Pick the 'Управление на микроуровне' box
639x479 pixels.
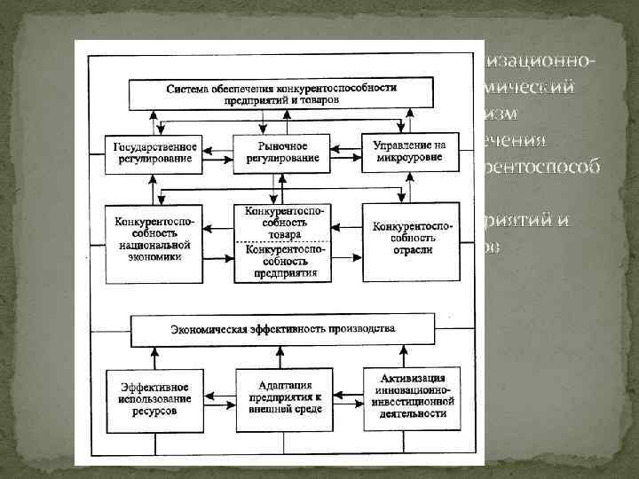pyautogui.click(x=409, y=151)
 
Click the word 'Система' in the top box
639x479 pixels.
pyautogui.click(x=189, y=90)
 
